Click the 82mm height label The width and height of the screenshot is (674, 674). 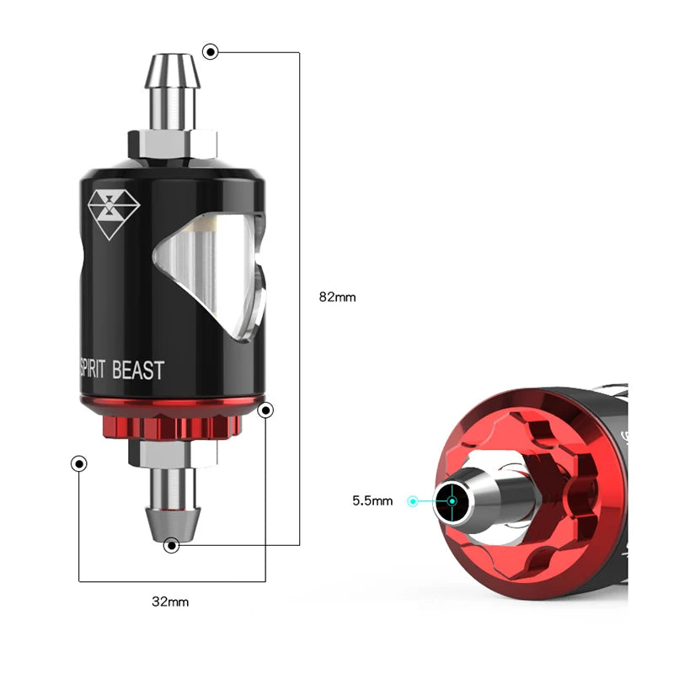[x=337, y=297]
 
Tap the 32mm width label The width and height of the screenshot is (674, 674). [x=172, y=602]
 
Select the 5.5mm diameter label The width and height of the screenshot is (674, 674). [x=372, y=500]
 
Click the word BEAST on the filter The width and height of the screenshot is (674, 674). [x=139, y=369]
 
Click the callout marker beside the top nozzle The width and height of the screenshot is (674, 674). [x=210, y=52]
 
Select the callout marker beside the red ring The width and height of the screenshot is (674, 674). [x=265, y=410]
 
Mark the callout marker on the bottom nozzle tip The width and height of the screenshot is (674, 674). [x=172, y=545]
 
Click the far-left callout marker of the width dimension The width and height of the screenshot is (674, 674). [x=79, y=464]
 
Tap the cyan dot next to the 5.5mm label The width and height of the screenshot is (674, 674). [x=412, y=501]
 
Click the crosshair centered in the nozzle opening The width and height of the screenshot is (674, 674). [x=452, y=501]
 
